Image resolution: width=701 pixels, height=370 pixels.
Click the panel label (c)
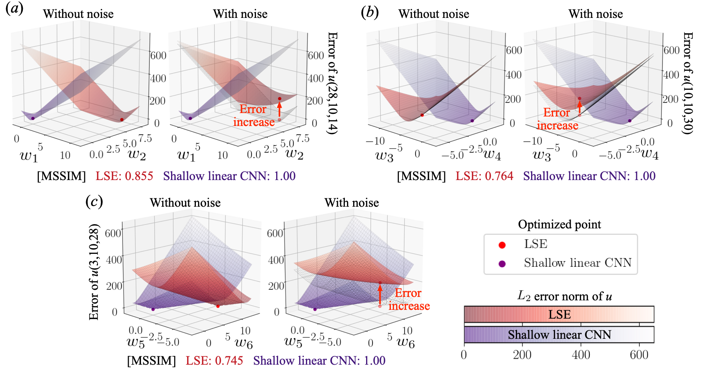[94, 201]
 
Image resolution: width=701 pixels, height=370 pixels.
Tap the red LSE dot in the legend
[502, 245]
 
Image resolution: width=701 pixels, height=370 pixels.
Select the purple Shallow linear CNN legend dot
[502, 264]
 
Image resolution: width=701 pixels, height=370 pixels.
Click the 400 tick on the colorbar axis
[581, 355]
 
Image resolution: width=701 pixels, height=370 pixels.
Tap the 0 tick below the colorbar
[464, 355]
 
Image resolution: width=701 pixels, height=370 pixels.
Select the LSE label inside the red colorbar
[559, 314]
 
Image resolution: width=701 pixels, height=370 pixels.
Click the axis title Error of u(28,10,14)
[332, 83]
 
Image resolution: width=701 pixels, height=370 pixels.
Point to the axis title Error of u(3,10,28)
[94, 272]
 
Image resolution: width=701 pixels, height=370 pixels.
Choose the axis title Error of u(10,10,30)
[687, 83]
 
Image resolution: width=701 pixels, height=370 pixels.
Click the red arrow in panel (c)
[380, 294]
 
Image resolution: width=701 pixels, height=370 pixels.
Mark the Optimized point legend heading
[559, 225]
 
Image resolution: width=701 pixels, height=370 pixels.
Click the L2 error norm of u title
[564, 296]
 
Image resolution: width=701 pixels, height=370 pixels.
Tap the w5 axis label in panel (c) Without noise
[136, 341]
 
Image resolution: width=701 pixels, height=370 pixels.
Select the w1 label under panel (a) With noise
[186, 155]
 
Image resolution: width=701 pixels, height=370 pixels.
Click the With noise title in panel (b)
[595, 14]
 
